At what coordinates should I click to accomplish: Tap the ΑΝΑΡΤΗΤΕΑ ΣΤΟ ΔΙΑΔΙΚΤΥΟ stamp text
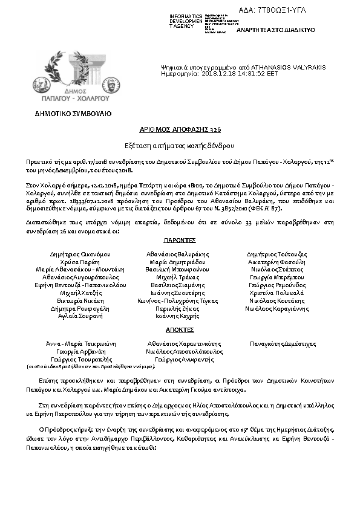(275, 30)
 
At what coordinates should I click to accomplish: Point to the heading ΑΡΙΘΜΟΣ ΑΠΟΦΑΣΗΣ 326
(180, 130)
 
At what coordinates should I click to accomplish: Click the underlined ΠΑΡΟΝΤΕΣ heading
(180, 240)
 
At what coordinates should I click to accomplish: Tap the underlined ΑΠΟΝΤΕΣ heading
(180, 330)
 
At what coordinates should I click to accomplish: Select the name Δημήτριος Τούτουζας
(277, 254)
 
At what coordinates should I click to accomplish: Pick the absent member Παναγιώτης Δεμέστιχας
(283, 343)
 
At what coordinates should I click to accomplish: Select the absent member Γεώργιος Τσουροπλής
(80, 359)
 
